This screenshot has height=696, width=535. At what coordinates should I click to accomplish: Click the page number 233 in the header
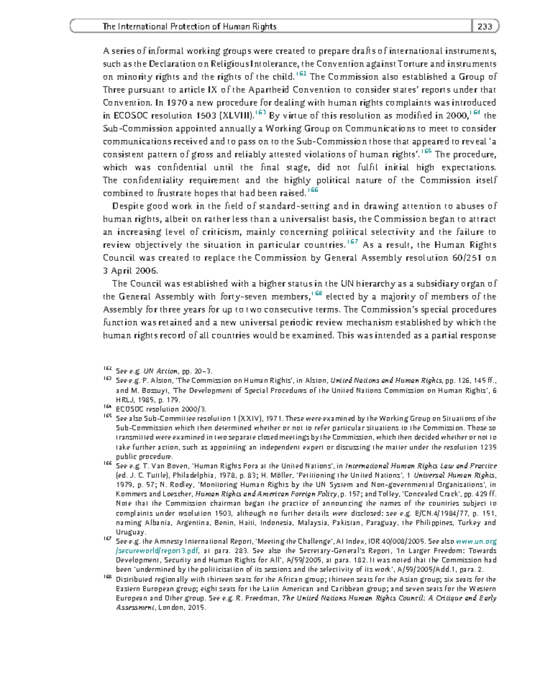[x=485, y=27]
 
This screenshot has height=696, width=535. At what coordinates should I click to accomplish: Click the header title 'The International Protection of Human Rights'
[x=189, y=27]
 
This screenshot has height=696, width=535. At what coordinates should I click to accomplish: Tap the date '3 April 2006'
[x=130, y=271]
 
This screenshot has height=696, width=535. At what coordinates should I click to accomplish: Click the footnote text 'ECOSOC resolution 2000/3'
[x=160, y=409]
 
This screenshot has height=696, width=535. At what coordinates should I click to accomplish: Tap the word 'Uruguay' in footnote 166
[x=130, y=532]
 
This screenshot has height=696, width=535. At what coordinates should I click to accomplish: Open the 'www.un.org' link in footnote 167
[x=476, y=541]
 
